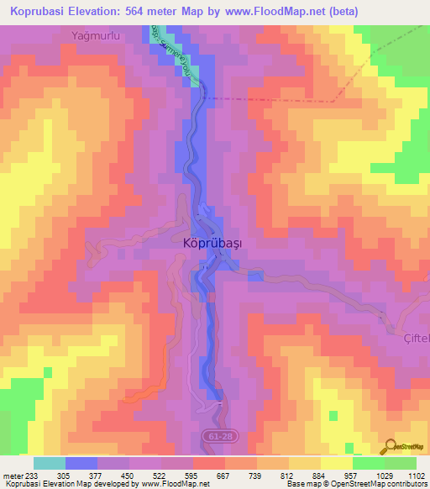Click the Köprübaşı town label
pyautogui.click(x=212, y=243)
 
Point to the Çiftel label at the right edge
pyautogui.click(x=413, y=337)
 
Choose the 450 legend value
pyautogui.click(x=126, y=476)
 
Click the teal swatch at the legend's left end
pyautogui.click(x=50, y=463)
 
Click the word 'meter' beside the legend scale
pyautogui.click(x=11, y=476)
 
